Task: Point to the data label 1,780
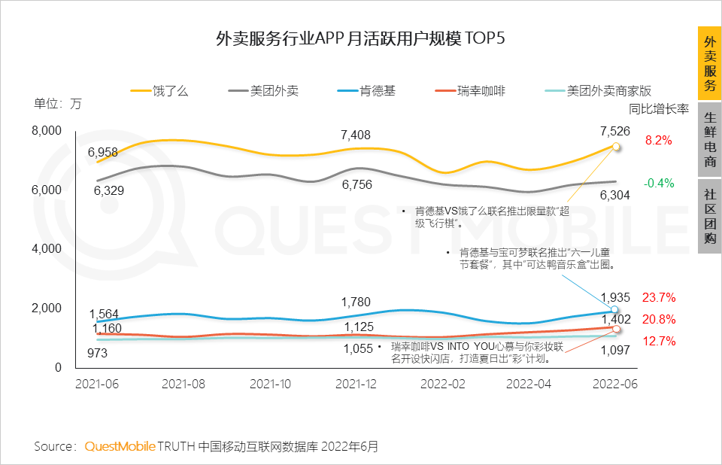[355, 302]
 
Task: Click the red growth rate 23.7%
[658, 296]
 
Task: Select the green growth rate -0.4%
[658, 183]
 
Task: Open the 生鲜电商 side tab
[709, 140]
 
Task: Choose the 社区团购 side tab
[709, 216]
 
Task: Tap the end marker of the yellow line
[615, 146]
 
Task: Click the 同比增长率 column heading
[659, 109]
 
